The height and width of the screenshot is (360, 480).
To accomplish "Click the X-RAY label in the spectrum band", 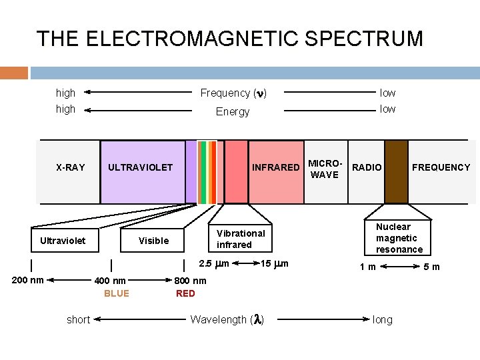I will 70,167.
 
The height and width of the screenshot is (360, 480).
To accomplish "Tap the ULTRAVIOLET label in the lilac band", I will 140,167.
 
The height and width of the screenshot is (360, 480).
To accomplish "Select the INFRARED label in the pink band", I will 275,167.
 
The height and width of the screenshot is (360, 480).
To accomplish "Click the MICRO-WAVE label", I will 325,169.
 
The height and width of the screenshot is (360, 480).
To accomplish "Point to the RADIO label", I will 367,167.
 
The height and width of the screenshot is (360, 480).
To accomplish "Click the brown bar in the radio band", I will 396,171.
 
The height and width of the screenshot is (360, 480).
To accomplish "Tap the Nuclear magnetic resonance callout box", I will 399,238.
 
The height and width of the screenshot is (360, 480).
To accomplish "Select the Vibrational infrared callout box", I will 241,239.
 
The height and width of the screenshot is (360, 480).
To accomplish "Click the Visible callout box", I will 153,241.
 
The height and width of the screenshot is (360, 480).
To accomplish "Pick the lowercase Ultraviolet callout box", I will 63,241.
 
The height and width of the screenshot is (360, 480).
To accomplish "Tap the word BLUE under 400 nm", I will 117,293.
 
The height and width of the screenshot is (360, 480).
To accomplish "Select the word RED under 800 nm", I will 185,293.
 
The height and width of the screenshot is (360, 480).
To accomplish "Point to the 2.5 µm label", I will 213,264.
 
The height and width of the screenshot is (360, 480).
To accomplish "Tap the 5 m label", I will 432,267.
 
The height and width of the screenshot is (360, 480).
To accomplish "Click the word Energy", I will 233,112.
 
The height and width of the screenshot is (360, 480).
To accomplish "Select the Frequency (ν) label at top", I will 233,93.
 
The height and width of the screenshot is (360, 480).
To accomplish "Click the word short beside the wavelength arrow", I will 78,320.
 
